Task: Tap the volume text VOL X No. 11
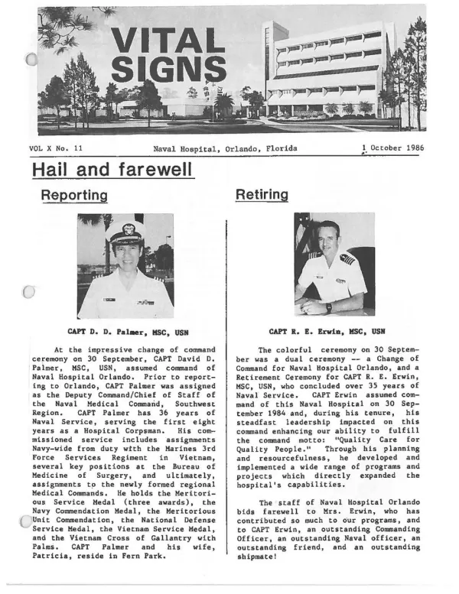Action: coord(60,149)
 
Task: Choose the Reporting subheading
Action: coord(73,195)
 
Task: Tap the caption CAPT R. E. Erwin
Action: coord(326,332)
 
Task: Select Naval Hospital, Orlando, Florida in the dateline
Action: coord(225,148)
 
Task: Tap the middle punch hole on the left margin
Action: coord(28,291)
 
